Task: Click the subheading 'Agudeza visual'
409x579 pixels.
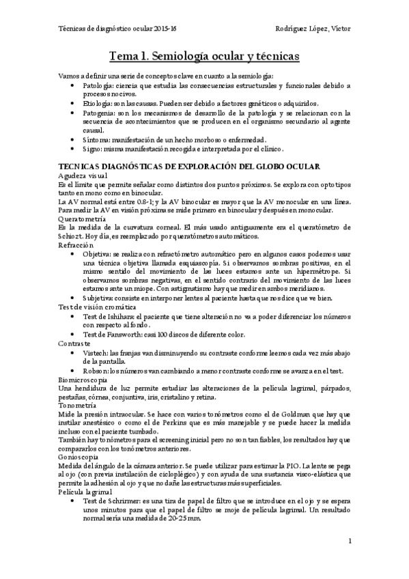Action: [80, 175]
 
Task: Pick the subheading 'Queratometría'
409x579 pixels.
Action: [81, 218]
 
